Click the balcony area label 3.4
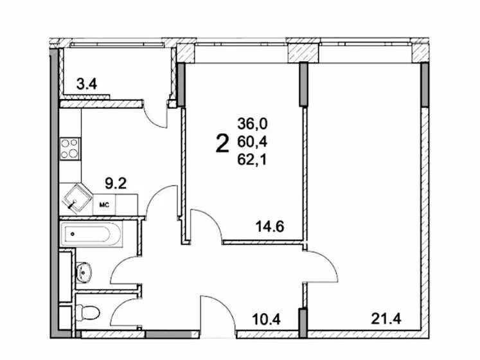tap(87, 84)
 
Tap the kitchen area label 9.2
tap(116, 183)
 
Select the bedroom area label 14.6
tap(270, 227)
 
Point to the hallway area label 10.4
tap(266, 319)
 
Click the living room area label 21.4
tap(386, 319)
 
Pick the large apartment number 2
tap(222, 144)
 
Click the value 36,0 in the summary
tap(253, 124)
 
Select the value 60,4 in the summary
tap(253, 141)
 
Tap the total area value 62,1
tap(252, 159)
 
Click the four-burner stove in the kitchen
tap(71, 148)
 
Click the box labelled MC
tap(104, 204)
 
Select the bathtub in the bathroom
tap(91, 234)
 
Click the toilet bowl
tap(87, 312)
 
